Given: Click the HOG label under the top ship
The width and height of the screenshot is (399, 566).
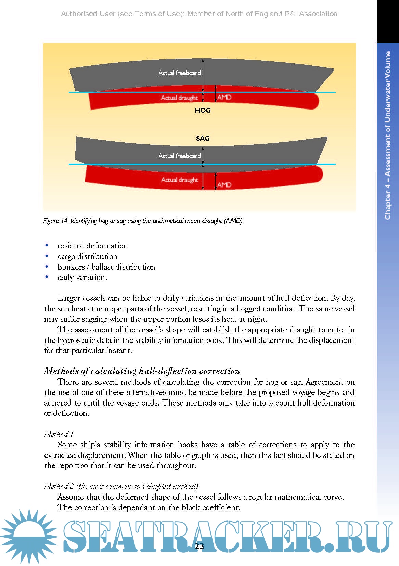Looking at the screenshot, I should click(203, 110).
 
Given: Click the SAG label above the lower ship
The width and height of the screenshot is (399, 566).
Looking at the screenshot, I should click(203, 138).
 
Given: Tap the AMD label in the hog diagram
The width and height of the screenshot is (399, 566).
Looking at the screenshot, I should click(224, 98).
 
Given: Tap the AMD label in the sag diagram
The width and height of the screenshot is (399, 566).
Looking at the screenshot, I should click(224, 185).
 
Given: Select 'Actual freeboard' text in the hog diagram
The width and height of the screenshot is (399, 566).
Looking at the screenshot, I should click(179, 73).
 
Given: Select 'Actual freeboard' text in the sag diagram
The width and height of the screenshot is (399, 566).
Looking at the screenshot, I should click(179, 156).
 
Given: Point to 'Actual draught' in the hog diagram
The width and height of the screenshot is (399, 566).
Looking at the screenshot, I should click(179, 98).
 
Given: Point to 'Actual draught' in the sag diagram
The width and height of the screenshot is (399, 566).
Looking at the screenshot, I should click(180, 180).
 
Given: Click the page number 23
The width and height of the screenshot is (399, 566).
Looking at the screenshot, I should click(199, 546).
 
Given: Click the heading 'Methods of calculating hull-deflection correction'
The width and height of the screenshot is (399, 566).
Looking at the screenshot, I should click(142, 371).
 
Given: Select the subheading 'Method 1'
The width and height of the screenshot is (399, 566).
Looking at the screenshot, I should click(59, 434).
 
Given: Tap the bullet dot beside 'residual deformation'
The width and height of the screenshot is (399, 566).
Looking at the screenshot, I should click(47, 245).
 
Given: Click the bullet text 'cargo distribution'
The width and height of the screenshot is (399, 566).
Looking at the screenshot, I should click(87, 256).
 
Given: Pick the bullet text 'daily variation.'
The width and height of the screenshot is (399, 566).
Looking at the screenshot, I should click(82, 277).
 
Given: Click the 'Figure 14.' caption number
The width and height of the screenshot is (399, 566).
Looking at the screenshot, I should click(56, 221).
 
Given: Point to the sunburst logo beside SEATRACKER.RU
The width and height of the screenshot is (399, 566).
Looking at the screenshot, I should click(29, 536).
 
